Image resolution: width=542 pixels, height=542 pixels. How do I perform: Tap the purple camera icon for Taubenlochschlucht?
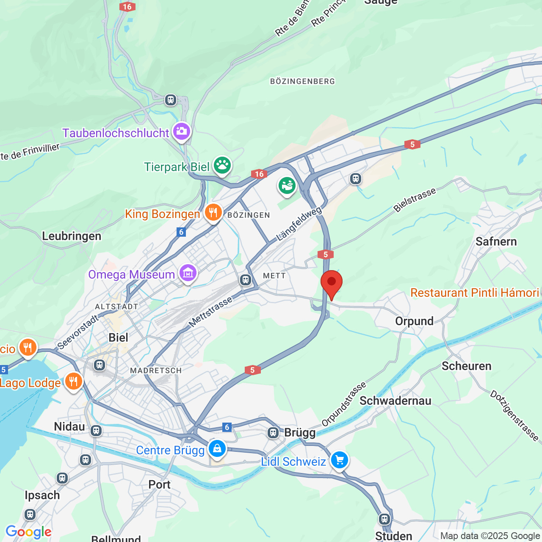(182, 131)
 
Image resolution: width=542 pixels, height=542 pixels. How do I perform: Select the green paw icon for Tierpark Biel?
(222, 165)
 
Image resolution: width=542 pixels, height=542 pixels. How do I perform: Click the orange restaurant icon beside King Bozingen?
(213, 213)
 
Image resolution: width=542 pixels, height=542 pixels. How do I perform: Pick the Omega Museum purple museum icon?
(188, 273)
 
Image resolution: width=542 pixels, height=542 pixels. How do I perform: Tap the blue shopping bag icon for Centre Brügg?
(217, 448)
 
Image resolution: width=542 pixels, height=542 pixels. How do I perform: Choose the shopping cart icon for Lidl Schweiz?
(339, 460)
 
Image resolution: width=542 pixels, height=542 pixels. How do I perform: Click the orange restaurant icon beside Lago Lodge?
(73, 382)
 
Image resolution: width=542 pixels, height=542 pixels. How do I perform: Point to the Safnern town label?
(496, 242)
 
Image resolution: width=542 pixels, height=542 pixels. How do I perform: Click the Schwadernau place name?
(395, 401)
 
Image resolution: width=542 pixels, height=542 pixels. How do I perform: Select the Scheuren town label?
(466, 366)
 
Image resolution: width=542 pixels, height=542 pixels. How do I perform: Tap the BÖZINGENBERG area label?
(302, 81)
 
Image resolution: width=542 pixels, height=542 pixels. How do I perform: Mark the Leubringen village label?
(72, 236)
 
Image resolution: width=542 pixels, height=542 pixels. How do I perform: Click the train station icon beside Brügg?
(273, 432)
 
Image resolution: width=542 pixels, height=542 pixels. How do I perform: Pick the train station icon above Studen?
(384, 519)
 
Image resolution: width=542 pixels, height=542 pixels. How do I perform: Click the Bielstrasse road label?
(415, 200)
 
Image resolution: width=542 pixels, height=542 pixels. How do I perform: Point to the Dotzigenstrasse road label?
(514, 415)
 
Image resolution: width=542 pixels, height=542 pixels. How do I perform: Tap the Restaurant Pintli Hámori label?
(475, 293)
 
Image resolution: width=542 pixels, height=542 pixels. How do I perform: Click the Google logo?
(28, 532)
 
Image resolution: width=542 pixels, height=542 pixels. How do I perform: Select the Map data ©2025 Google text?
(490, 536)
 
